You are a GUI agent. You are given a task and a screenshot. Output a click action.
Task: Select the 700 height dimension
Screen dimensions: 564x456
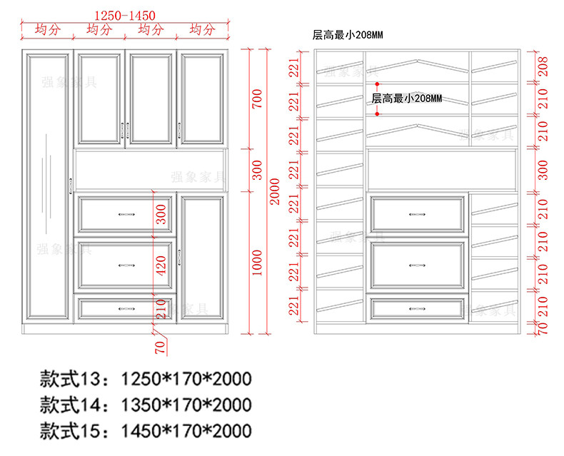[258, 99]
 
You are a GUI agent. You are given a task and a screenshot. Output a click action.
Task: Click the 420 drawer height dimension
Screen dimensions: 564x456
[161, 263]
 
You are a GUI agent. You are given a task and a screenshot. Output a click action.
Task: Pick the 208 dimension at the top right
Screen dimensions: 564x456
[543, 68]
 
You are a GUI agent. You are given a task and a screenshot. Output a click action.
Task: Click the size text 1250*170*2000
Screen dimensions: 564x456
[187, 378]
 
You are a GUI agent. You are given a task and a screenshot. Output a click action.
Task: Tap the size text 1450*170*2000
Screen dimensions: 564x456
[187, 430]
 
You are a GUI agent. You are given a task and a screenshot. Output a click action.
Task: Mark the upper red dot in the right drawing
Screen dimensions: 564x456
[376, 84]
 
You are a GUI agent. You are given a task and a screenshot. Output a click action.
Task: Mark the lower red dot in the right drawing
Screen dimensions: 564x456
[376, 113]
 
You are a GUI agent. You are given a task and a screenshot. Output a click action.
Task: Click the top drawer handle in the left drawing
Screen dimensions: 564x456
[126, 213]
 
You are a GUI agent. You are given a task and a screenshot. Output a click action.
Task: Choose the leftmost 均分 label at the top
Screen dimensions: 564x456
[47, 29]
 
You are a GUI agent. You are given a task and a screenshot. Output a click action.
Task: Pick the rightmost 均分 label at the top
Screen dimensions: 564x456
[202, 29]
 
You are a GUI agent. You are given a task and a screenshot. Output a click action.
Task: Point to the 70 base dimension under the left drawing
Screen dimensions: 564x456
[161, 347]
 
